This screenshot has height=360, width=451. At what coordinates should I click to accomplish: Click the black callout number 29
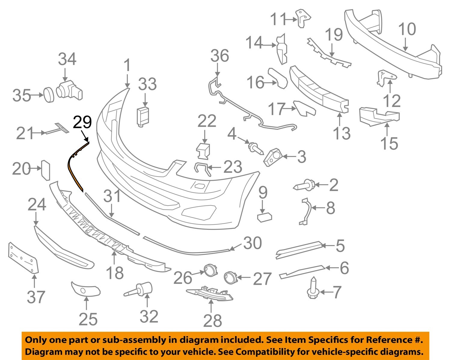pyautogui.click(x=82, y=122)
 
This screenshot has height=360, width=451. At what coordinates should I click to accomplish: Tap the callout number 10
pyautogui.click(x=407, y=29)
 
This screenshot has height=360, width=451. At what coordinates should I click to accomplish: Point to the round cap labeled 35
pyautogui.click(x=48, y=95)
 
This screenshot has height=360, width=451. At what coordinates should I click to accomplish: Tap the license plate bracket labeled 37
pyautogui.click(x=23, y=258)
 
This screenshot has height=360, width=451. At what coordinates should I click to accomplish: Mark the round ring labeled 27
pyautogui.click(x=231, y=277)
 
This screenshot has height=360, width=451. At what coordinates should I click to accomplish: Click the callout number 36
pyautogui.click(x=219, y=56)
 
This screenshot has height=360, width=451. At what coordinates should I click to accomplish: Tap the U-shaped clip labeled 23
pyautogui.click(x=202, y=169)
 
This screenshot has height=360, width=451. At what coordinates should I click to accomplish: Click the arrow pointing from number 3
pyautogui.click(x=288, y=156)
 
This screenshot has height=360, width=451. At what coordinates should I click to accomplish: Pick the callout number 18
pyautogui.click(x=115, y=273)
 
